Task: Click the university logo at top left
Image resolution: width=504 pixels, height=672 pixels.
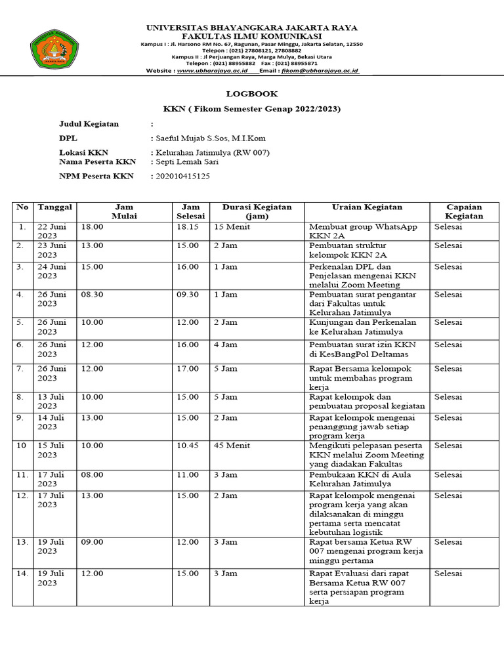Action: pyautogui.click(x=57, y=49)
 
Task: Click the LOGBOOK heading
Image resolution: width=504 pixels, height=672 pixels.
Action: pyautogui.click(x=252, y=94)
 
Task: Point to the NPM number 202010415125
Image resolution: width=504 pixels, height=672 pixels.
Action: pyautogui.click(x=182, y=176)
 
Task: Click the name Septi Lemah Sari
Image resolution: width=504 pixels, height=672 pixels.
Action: pyautogui.click(x=186, y=161)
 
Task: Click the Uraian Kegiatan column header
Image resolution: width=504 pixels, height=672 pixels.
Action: pyautogui.click(x=367, y=207)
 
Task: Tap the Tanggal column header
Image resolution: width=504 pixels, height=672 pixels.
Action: pyautogui.click(x=54, y=207)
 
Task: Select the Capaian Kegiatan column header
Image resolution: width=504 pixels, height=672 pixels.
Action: pyautogui.click(x=464, y=211)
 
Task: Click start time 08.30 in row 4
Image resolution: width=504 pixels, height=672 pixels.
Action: pyautogui.click(x=92, y=295)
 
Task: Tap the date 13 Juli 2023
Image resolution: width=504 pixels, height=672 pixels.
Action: pyautogui.click(x=53, y=402)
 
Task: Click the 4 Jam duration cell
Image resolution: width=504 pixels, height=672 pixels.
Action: pyautogui.click(x=226, y=345)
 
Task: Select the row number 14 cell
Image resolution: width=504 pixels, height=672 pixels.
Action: pyautogui.click(x=23, y=574)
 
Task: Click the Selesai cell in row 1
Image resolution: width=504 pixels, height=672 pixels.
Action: pyautogui.click(x=448, y=227)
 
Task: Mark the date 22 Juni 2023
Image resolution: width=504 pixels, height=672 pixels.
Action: pyautogui.click(x=53, y=232)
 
